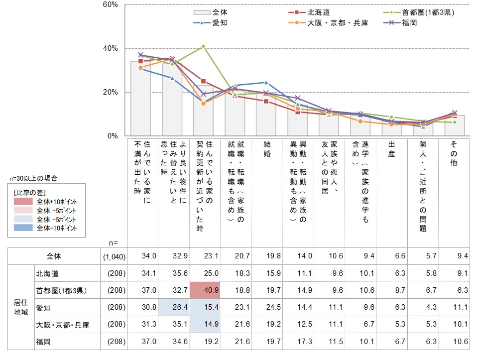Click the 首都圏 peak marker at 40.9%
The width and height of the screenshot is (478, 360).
(x=203, y=46)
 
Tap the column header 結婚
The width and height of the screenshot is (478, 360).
(x=267, y=148)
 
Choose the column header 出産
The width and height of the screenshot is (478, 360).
(x=392, y=148)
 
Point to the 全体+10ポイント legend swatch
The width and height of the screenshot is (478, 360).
(x=23, y=202)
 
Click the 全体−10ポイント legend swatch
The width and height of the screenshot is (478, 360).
(x=23, y=228)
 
